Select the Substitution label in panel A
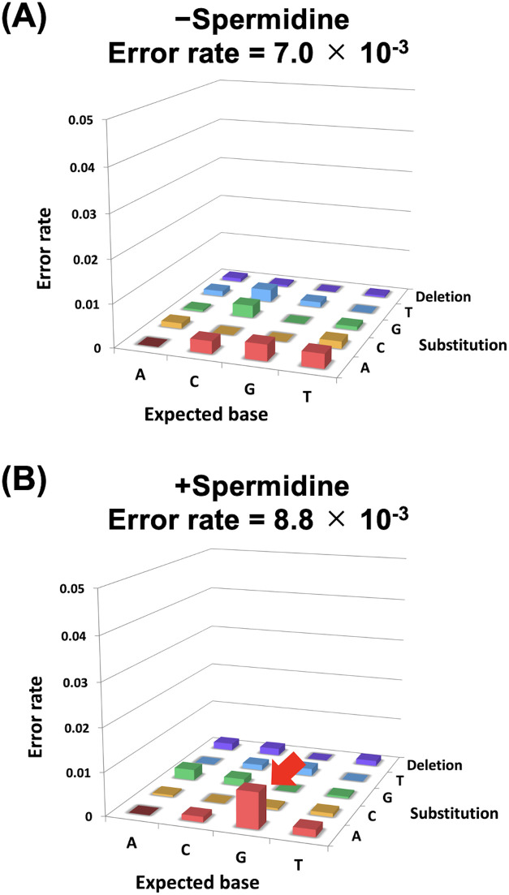[464, 345]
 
